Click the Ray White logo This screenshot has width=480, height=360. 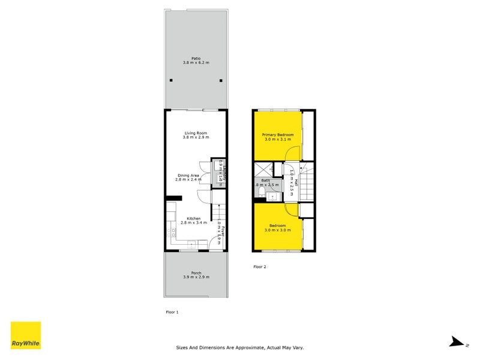26,335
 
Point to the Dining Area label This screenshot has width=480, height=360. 187,175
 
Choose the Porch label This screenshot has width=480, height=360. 196,272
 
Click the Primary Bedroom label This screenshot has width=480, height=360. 278,135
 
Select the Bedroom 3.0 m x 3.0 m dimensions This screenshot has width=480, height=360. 278,230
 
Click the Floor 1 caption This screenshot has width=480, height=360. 172,312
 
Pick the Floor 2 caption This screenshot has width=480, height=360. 260,266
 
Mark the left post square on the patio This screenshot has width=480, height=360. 171,80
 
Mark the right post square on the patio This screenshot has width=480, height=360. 221,80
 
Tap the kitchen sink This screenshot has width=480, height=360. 193,244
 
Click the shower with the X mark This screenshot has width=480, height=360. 262,169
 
